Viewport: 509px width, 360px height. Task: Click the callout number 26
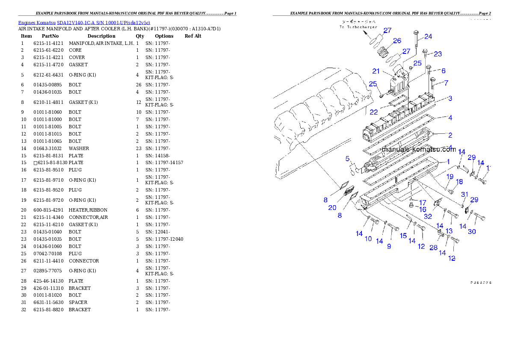pyautogui.click(x=397, y=41)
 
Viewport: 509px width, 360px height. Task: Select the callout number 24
pyautogui.click(x=428, y=37)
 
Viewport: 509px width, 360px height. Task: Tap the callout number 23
pyautogui.click(x=438, y=54)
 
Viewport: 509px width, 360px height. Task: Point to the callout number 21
pyautogui.click(x=376, y=71)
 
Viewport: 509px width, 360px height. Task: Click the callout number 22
pyautogui.click(x=374, y=112)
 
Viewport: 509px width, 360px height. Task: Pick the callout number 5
pyautogui.click(x=348, y=159)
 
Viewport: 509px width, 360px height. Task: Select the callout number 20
pyautogui.click(x=332, y=208)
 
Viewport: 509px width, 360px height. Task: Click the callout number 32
pyautogui.click(x=428, y=217)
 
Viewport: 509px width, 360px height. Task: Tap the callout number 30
pyautogui.click(x=471, y=232)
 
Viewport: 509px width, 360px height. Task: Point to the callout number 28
pyautogui.click(x=433, y=248)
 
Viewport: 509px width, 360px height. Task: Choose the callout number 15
pyautogui.click(x=403, y=236)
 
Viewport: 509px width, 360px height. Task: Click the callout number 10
pyautogui.click(x=368, y=239)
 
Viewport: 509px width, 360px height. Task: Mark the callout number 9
pyautogui.click(x=389, y=246)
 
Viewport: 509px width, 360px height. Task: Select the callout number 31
pyautogui.click(x=465, y=195)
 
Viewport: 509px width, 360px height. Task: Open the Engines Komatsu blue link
pyautogui.click(x=84, y=22)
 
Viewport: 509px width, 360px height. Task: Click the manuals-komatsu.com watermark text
pyautogui.click(x=418, y=150)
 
